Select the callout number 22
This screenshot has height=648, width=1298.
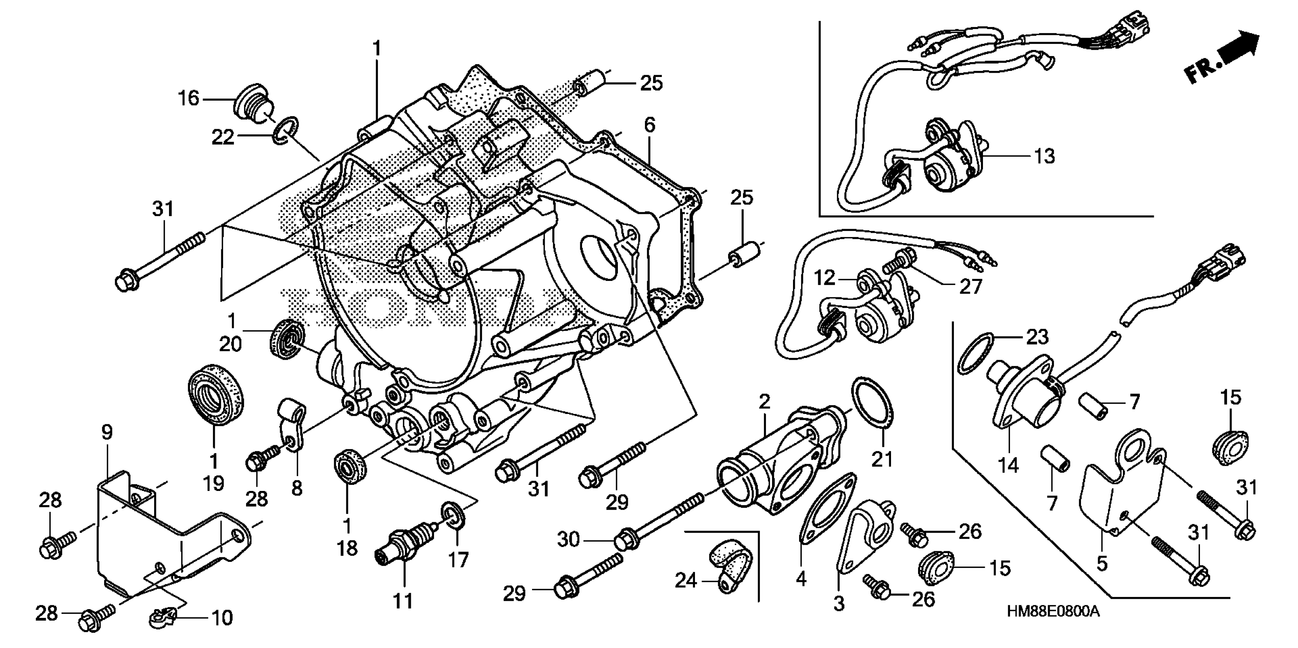coord(223,136)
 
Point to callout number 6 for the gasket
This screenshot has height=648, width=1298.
coord(649,125)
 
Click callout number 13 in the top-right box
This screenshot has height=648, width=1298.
coord(1045,156)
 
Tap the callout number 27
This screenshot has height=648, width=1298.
coord(970,287)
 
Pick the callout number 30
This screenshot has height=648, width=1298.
coord(568,540)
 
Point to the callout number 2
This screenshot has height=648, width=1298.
coord(764,402)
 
